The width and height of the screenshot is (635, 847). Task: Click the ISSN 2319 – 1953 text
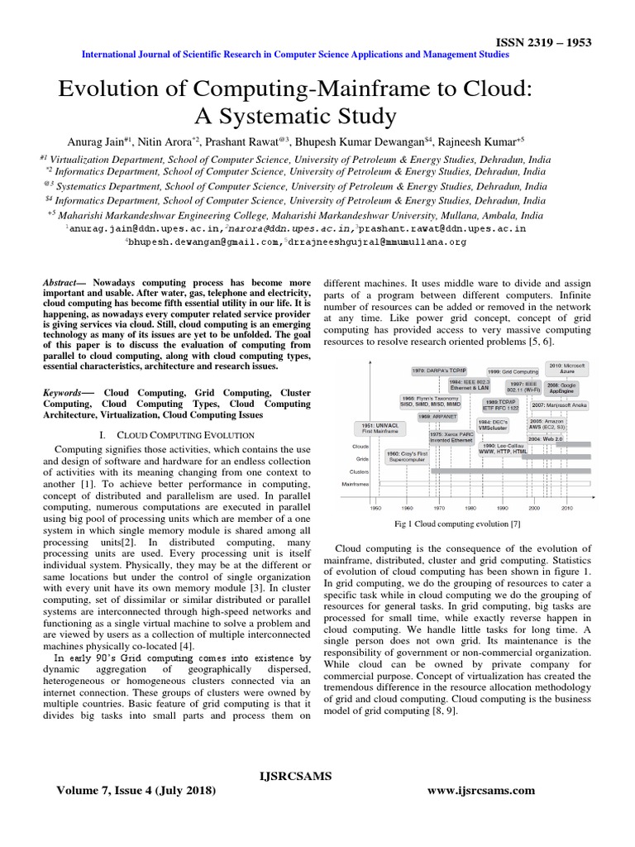pyautogui.click(x=543, y=43)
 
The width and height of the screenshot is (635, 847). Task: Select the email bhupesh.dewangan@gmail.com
pyautogui.click(x=202, y=242)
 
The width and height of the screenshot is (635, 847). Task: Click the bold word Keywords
pyautogui.click(x=64, y=393)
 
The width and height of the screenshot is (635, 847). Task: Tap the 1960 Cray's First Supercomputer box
pyautogui.click(x=406, y=456)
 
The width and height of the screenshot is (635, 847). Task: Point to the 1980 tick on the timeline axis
pyautogui.click(x=470, y=508)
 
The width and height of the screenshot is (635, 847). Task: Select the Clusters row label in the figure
pyautogui.click(x=358, y=470)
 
